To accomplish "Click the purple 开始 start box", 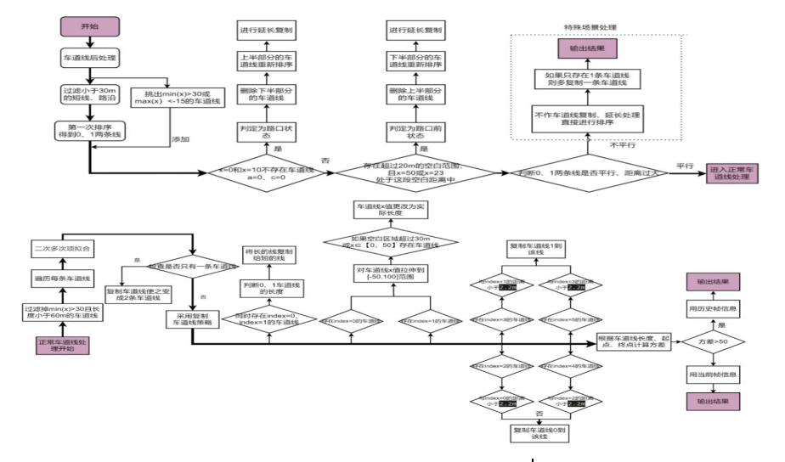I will [x=88, y=25].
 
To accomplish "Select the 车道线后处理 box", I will [x=88, y=60].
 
